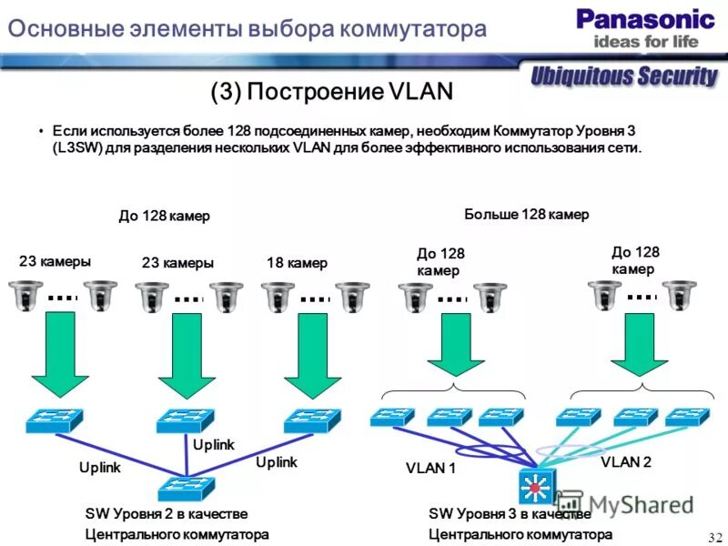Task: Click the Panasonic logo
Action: pyautogui.click(x=645, y=18)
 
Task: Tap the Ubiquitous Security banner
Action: pyautogui.click(x=625, y=76)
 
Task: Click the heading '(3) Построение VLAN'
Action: pyautogui.click(x=331, y=92)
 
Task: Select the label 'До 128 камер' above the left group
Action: pyautogui.click(x=164, y=216)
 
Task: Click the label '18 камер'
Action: pyautogui.click(x=297, y=263)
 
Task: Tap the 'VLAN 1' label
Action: pyautogui.click(x=430, y=470)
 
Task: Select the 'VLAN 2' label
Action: pyautogui.click(x=626, y=462)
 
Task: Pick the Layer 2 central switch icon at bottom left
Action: pyautogui.click(x=187, y=488)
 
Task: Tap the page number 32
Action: pyautogui.click(x=713, y=535)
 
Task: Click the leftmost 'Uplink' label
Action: pyautogui.click(x=100, y=467)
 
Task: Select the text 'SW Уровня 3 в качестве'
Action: pyautogui.click(x=503, y=514)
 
